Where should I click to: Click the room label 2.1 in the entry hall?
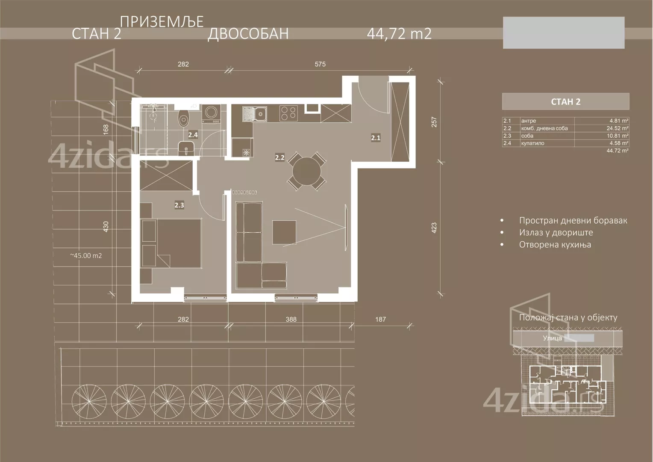[x=375, y=138]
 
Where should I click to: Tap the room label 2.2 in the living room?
[x=279, y=157]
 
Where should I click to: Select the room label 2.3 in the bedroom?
[x=179, y=205]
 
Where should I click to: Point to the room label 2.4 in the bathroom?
[x=193, y=135]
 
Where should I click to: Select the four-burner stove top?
[x=288, y=113]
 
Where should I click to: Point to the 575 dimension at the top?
[x=320, y=64]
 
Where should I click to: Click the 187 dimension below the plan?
[x=380, y=319]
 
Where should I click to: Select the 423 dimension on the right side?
[x=434, y=227]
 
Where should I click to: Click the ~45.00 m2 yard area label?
[x=86, y=256]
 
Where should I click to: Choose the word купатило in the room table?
[x=532, y=143]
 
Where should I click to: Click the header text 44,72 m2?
[x=399, y=33]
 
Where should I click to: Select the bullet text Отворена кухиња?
[x=555, y=245]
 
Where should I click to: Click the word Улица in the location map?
[x=552, y=338]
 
